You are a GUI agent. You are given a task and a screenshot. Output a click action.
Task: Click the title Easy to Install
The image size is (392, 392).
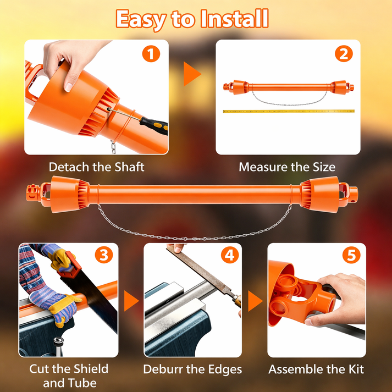coord(192,19)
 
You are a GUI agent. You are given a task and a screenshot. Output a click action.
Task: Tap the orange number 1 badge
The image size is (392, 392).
coord(151,54)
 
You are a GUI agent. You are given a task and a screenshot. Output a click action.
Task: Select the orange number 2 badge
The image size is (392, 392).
coord(344,54)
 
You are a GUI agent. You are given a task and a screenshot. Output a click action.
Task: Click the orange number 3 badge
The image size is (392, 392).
coord(104,255)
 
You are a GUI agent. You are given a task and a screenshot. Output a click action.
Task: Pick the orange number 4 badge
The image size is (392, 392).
coord(230,255)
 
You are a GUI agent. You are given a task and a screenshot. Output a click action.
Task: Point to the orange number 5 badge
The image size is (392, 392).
coord(351,255)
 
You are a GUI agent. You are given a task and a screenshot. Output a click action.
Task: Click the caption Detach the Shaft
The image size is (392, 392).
coord(97,167)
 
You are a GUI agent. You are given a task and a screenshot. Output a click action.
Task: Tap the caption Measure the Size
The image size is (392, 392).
coord(287,167)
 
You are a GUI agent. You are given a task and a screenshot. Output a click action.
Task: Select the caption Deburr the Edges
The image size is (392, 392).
coord(192,369)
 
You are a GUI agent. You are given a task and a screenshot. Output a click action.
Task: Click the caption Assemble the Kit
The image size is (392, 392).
coord(316,369)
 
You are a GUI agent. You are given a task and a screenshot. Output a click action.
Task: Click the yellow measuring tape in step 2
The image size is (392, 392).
coord(289,111)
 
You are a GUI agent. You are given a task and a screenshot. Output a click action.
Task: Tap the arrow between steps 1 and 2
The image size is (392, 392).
coord(191,74)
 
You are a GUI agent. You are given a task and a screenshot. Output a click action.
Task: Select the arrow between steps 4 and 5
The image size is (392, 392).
coord(255,301)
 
